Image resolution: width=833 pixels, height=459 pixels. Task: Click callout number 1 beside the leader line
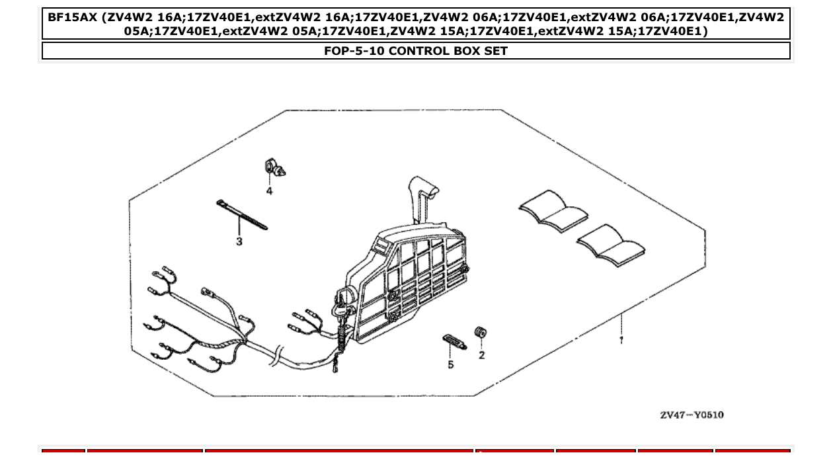tap(621, 340)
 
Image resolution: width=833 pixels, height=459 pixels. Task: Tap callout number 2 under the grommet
tap(481, 355)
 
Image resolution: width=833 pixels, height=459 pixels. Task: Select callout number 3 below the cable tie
tap(239, 242)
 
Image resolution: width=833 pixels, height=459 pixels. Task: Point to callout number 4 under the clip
tap(269, 191)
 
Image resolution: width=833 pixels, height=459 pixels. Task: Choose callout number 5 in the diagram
tap(451, 364)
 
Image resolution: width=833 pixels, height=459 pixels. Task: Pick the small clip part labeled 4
tap(274, 168)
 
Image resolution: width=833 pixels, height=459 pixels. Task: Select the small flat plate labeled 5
tap(454, 342)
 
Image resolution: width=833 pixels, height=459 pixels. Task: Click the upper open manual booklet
tap(553, 210)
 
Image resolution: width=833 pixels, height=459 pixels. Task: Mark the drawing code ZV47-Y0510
tap(691, 415)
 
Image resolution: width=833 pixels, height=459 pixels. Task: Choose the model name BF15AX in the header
tap(69, 17)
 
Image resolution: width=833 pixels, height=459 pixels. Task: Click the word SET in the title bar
tap(495, 51)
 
